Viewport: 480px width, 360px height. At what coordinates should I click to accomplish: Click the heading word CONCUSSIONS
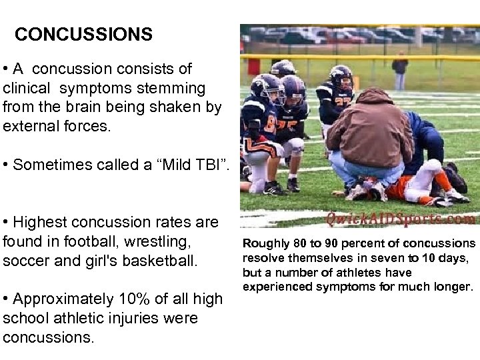(x=83, y=35)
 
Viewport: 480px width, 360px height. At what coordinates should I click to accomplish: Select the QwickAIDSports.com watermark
(x=401, y=219)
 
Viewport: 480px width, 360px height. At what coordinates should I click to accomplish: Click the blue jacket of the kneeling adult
(x=427, y=137)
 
